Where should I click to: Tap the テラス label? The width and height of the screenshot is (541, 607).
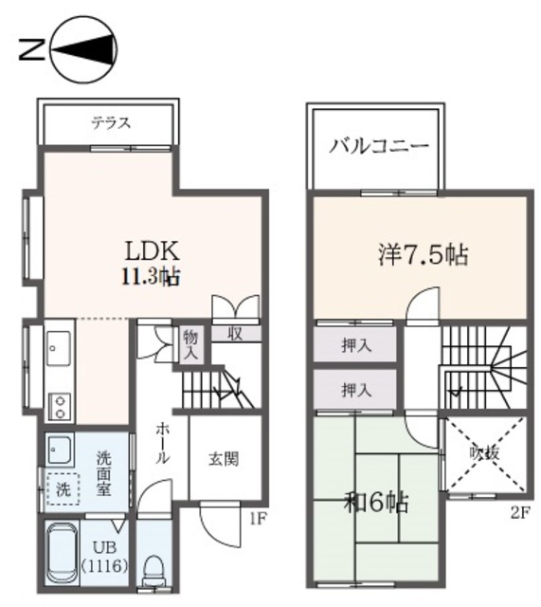tap(110, 122)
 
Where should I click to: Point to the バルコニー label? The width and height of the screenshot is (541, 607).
tap(379, 147)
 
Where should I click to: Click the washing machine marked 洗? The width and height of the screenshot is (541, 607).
tap(63, 491)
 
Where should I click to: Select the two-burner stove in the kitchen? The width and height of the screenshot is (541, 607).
tap(59, 406)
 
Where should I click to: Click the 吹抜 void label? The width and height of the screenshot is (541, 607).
tap(484, 453)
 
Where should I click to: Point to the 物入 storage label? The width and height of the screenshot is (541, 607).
tap(191, 343)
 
